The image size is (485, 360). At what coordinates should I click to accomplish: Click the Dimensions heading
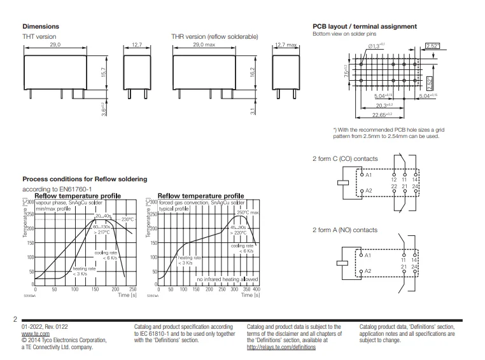pos(41,27)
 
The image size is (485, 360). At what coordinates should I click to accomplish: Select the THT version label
pos(39,37)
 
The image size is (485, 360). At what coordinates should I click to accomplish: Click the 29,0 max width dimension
pos(202,45)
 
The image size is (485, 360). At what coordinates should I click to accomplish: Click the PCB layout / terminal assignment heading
pos(365,27)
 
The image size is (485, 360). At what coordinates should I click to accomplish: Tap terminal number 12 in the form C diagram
pos(393,179)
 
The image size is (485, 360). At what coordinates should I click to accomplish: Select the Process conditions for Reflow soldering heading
pos(85,179)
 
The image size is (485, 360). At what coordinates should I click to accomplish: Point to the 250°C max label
pos(248,212)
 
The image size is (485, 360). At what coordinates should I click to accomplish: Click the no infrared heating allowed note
pos(227,279)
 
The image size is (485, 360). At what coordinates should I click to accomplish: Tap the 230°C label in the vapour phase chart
pos(126,219)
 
